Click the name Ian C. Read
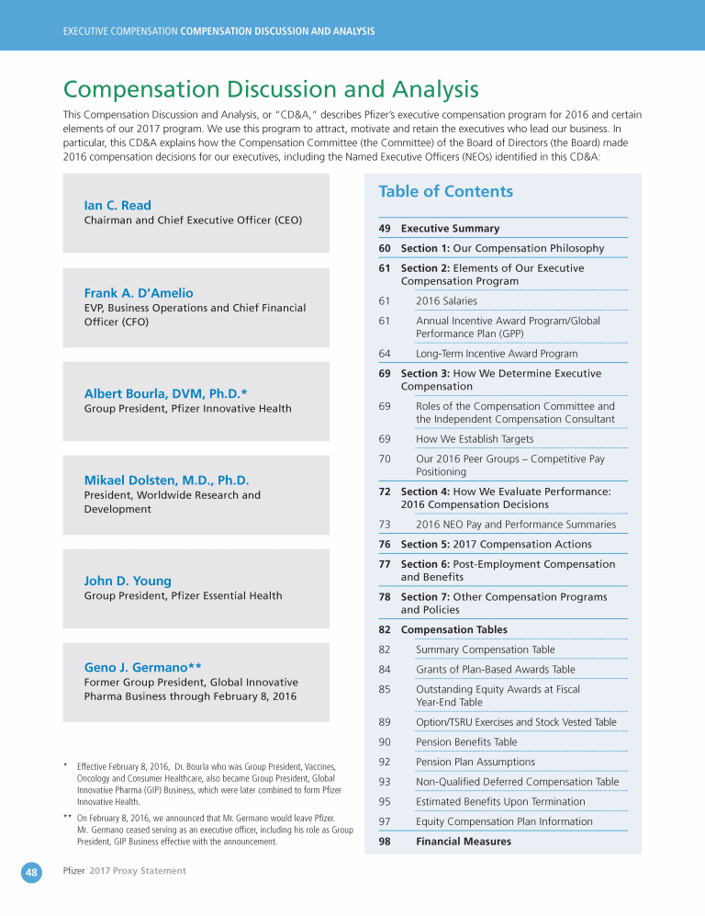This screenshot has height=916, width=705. (x=117, y=205)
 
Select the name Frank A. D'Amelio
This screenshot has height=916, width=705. (x=139, y=293)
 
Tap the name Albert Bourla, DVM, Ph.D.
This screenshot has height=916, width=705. (x=165, y=393)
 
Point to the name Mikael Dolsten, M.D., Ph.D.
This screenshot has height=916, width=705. (x=166, y=480)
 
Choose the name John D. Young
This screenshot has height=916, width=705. (x=128, y=581)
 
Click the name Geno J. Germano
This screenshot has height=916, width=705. (x=142, y=666)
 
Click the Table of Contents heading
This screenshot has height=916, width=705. (x=445, y=191)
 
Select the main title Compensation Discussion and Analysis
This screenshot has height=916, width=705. (x=271, y=89)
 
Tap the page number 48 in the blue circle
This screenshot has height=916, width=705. (x=31, y=873)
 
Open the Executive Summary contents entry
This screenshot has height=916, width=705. (x=450, y=228)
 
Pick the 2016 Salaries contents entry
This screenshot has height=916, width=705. (x=446, y=300)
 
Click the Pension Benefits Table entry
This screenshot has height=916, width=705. (x=465, y=741)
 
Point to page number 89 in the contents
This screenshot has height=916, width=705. (x=385, y=722)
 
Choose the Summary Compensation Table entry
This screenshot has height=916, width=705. (x=485, y=650)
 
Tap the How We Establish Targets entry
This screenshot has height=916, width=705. (x=475, y=439)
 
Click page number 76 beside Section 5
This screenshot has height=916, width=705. (x=385, y=544)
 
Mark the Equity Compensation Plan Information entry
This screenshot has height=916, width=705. (x=503, y=821)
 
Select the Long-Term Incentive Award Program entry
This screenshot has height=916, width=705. (x=497, y=353)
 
